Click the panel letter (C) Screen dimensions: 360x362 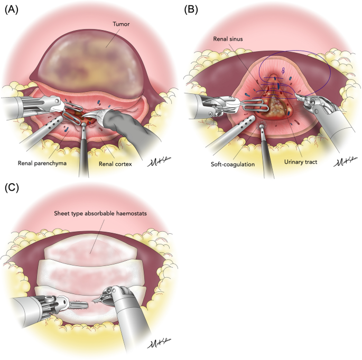tap(11, 188)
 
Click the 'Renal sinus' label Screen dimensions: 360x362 tap(228, 39)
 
